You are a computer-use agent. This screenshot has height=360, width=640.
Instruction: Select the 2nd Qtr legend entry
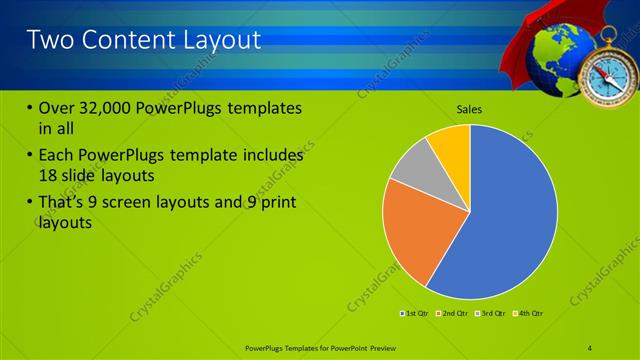[x=454, y=314]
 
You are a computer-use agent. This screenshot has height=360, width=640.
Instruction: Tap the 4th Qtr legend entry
[x=529, y=314]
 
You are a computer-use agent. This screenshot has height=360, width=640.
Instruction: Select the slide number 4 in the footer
[x=590, y=346]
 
